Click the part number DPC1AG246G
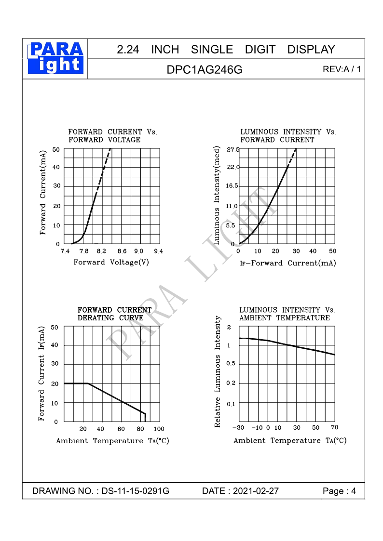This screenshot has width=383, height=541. pyautogui.click(x=205, y=70)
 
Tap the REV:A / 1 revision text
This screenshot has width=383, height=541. pyautogui.click(x=342, y=69)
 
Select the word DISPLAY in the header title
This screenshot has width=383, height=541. pyautogui.click(x=311, y=50)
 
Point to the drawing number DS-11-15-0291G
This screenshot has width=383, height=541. pyautogui.click(x=136, y=491)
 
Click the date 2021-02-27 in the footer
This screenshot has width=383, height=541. pyautogui.click(x=256, y=491)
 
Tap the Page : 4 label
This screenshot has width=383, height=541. pyautogui.click(x=339, y=491)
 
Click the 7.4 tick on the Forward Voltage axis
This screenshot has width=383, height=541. pyautogui.click(x=65, y=251)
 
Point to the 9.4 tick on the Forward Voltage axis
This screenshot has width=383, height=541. pyautogui.click(x=158, y=251)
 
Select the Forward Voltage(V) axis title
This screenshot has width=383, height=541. pyautogui.click(x=111, y=262)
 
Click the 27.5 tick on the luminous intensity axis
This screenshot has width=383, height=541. pyautogui.click(x=233, y=150)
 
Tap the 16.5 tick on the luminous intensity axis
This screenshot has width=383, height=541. pyautogui.click(x=233, y=186)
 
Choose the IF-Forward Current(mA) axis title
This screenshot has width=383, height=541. pyautogui.click(x=287, y=263)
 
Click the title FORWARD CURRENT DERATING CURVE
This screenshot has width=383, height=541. pyautogui.click(x=114, y=314)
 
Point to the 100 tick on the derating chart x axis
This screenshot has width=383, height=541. pyautogui.click(x=159, y=429)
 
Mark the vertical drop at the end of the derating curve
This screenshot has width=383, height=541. pyautogui.click(x=145, y=417)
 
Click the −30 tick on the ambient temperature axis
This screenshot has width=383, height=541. pyautogui.click(x=238, y=428)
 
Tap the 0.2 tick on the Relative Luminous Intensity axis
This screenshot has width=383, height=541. pyautogui.click(x=231, y=383)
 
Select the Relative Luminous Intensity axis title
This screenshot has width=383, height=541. pyautogui.click(x=218, y=372)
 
